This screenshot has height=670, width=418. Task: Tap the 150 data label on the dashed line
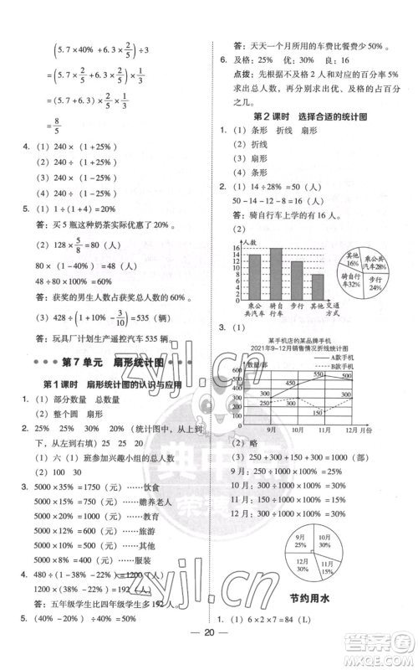[315, 411]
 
